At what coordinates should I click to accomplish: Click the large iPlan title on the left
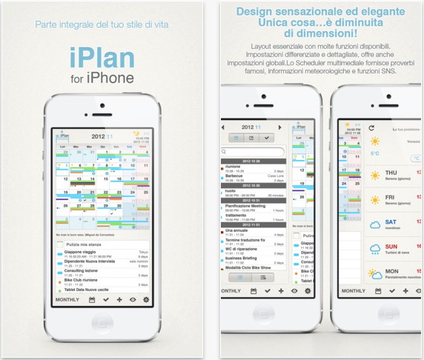coord(103,58)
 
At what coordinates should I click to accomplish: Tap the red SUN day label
coord(390,246)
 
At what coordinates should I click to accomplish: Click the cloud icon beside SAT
coord(374,226)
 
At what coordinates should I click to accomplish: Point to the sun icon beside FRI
coord(374,200)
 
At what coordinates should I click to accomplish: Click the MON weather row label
coord(390,271)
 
